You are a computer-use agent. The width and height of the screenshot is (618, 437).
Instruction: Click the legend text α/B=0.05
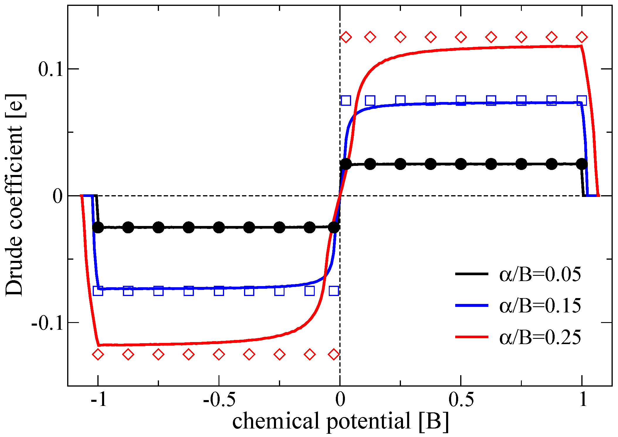tap(540, 275)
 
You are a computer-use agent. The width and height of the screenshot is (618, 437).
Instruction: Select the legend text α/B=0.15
tap(540, 306)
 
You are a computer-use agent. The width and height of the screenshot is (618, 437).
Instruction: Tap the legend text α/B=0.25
tap(540, 337)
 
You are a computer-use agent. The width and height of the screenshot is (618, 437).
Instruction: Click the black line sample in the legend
tap(472, 274)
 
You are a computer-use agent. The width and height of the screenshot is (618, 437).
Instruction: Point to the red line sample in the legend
tap(472, 337)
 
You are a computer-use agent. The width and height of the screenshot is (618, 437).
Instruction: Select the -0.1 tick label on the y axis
tap(47, 324)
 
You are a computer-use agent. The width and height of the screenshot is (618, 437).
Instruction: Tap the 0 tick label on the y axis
tap(57, 196)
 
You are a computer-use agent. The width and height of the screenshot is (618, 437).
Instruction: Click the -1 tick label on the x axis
tap(99, 399)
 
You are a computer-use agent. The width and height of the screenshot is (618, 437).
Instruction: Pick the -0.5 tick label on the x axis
tap(219, 399)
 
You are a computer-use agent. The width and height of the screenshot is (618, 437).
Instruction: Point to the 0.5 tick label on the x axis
tap(461, 399)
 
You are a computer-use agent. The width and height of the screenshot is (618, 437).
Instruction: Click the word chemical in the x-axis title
tap(275, 421)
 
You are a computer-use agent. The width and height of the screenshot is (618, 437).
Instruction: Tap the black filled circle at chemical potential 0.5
tap(461, 164)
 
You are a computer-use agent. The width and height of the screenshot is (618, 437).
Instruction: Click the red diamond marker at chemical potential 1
tap(582, 37)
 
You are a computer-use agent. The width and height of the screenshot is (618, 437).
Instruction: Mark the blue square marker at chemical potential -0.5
tap(219, 291)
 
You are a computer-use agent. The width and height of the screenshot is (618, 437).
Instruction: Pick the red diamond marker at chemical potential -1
tap(98, 354)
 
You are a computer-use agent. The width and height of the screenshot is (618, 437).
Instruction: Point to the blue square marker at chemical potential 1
tap(582, 101)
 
